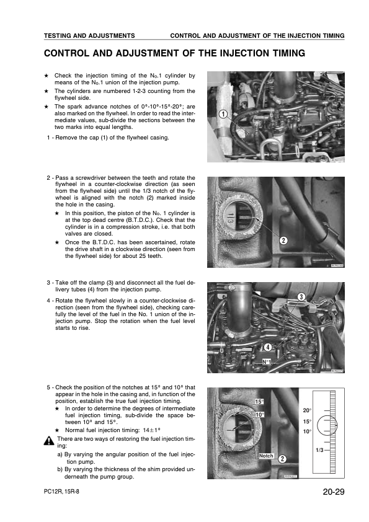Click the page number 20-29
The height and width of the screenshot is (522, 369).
pos(334,492)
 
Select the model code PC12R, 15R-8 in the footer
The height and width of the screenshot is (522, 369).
pos(61,492)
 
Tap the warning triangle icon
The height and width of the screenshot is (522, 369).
pos(48,441)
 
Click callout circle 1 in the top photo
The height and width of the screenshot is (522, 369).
pos(223,114)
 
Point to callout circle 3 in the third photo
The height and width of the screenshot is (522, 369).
pos(301,297)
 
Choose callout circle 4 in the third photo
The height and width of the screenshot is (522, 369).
pos(268,347)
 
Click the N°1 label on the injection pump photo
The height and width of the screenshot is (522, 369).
pos(267,362)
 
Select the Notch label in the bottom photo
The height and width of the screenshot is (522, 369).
pos(266,456)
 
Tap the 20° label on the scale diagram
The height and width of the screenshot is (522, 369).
pos(307,410)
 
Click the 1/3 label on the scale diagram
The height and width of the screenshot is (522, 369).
pos(319,450)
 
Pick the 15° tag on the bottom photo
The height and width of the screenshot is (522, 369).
pos(259,402)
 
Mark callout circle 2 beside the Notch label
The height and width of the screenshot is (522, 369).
pos(282,459)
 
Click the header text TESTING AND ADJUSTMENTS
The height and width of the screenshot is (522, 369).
pos(89,35)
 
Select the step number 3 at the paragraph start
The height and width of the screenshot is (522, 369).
pos(48,283)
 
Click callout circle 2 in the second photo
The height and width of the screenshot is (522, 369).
pos(283,241)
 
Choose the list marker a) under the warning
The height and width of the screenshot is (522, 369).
pos(60,454)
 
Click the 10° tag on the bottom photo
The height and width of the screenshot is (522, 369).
pos(260,415)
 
